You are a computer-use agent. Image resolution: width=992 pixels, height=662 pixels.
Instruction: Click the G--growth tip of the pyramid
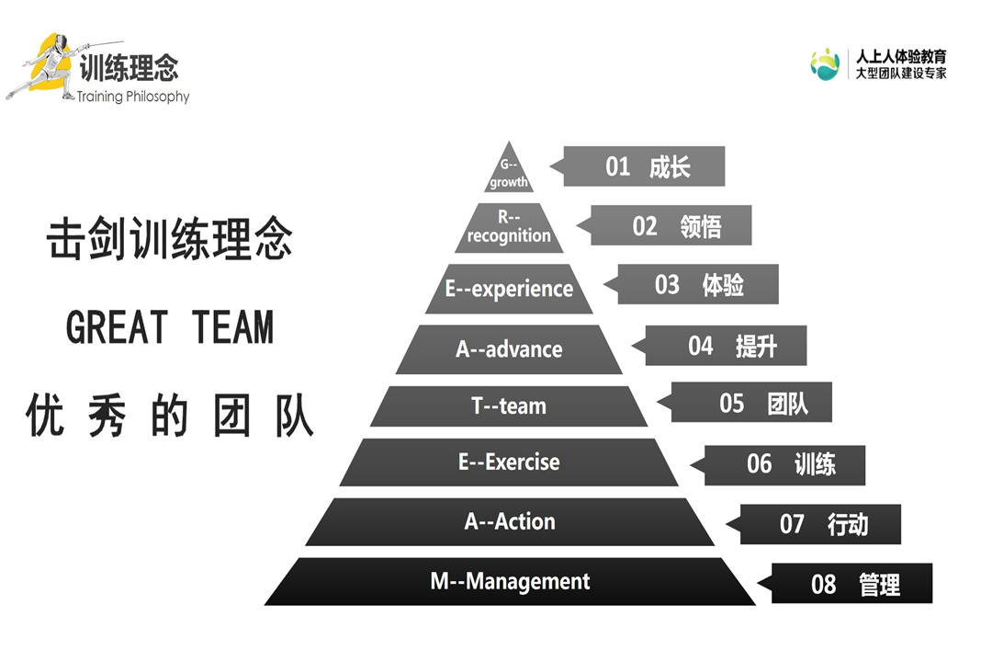click(509, 174)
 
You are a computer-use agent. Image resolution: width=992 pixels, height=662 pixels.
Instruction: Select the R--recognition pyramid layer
click(509, 229)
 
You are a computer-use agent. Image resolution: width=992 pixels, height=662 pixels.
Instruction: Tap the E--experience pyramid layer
click(509, 289)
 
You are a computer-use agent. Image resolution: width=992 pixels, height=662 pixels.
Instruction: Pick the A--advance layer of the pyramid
click(509, 349)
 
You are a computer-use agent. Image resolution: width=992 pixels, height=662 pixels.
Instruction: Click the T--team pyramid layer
click(509, 405)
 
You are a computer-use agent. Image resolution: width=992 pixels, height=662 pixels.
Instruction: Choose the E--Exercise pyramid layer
click(509, 462)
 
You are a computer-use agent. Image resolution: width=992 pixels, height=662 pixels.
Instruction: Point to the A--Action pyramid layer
click(510, 521)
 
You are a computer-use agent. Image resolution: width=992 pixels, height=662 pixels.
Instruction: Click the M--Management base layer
click(510, 581)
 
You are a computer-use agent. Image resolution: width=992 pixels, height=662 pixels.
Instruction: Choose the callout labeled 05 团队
click(756, 403)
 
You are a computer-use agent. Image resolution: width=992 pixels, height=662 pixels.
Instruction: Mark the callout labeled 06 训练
click(789, 463)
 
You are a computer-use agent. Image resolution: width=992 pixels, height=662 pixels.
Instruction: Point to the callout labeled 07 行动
click(824, 524)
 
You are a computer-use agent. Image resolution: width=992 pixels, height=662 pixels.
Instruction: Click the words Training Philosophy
click(133, 97)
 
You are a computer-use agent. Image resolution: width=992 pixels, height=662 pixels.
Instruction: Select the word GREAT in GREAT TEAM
click(118, 327)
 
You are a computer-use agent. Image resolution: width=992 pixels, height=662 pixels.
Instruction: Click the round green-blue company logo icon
click(825, 64)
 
